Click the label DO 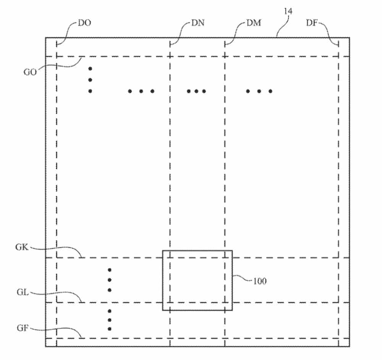click(84, 23)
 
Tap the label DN click(197, 23)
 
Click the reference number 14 click(288, 11)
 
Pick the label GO click(30, 71)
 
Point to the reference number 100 click(259, 281)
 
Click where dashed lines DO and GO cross click(57, 57)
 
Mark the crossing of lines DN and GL click(170, 302)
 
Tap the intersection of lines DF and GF click(338, 338)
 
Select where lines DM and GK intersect click(225, 258)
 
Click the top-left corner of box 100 click(163, 251)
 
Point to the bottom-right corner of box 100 click(232, 310)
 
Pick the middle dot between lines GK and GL click(109, 280)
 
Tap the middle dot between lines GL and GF click(109, 320)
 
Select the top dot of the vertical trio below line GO click(90, 69)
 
